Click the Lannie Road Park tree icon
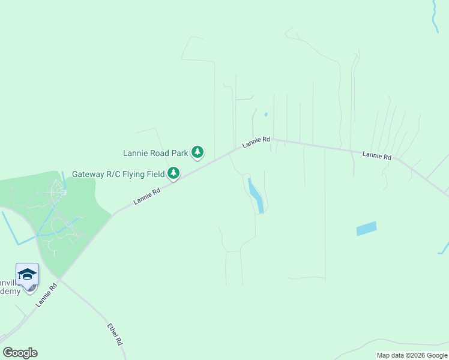[x=198, y=153]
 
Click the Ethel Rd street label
[x=115, y=334]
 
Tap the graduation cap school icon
[x=27, y=274]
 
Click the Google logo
[x=20, y=353]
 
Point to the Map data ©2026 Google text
[x=412, y=355]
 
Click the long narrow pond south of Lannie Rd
[x=256, y=196]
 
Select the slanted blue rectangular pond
[x=366, y=229]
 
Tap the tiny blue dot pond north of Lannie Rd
[x=265, y=114]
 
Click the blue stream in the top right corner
[x=435, y=15]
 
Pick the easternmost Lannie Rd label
[x=376, y=155]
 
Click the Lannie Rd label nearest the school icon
[x=46, y=295]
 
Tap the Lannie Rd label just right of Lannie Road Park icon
[x=256, y=142]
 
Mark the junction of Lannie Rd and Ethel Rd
[x=60, y=279]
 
